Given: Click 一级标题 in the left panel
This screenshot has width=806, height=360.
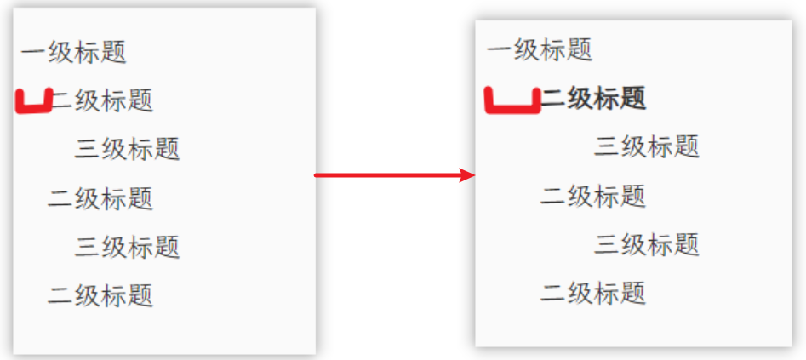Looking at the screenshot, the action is coord(74,52).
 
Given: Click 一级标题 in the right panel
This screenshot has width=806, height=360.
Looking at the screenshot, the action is coord(540,49).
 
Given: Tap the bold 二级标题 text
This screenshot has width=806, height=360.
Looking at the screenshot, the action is coord(594,98).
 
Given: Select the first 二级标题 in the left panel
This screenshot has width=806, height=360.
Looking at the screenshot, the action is coord(102,100).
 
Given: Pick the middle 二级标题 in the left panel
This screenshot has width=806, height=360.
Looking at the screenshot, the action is coord(100,198).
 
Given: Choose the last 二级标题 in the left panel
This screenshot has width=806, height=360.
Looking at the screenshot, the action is coord(100,295).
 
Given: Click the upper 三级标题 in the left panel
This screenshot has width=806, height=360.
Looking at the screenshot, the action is coord(128,149).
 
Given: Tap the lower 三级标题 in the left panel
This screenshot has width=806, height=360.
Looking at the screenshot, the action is coord(128,247).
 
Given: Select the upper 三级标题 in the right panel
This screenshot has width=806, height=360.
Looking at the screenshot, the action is coord(647,146).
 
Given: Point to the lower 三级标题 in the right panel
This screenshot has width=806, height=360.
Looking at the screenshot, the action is coord(647,244).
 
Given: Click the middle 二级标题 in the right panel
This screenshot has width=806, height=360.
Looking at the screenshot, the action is coord(593,196).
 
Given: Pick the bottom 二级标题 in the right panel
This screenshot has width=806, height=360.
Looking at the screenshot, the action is coord(593,293).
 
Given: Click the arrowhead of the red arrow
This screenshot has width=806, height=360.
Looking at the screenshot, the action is coord(467,175).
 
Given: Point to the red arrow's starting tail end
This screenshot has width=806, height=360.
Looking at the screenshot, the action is coord(317,175).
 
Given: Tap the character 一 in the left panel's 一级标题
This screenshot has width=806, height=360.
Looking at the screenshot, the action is coord(33,52).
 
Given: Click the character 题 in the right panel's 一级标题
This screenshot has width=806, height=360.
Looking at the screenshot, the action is coord(580,49).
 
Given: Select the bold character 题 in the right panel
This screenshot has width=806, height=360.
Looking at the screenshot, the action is coord(633,98).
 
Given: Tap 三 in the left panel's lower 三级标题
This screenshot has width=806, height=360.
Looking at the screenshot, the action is coord(88,247).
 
